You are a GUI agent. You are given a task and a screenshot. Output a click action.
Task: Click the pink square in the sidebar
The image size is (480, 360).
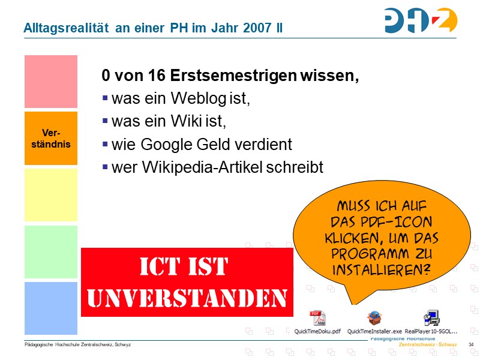pyautogui.click(x=51, y=82)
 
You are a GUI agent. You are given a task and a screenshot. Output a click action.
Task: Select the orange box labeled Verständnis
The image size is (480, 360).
pyautogui.click(x=51, y=138)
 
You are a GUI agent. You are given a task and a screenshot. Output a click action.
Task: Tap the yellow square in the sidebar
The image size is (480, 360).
pyautogui.click(x=51, y=195)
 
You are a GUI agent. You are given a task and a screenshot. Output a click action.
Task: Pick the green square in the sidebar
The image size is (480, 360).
pyautogui.click(x=51, y=251)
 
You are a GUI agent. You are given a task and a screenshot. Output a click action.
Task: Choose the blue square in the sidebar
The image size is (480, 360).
pyautogui.click(x=51, y=308)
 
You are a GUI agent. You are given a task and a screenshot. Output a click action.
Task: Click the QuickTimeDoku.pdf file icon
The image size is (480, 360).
pyautogui.click(x=317, y=318)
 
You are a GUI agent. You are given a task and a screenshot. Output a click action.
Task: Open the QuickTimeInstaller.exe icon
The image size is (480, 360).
pyautogui.click(x=374, y=318)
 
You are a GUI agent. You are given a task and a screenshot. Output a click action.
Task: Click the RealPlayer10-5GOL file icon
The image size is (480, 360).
pyautogui.click(x=431, y=318)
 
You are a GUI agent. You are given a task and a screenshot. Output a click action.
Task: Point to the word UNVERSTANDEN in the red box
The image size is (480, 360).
pyautogui.click(x=187, y=296)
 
